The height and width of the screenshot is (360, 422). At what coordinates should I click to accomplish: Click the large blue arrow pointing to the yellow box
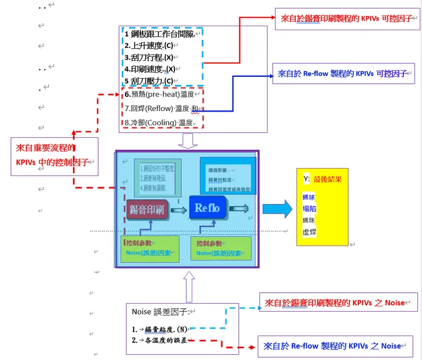pyautogui.click(x=277, y=209)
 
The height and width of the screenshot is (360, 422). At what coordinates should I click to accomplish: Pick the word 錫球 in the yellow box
pyautogui.click(x=309, y=197)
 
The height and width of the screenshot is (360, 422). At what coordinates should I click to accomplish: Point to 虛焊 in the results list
pyautogui.click(x=309, y=232)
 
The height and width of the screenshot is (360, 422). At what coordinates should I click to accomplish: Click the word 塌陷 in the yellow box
pyautogui.click(x=309, y=208)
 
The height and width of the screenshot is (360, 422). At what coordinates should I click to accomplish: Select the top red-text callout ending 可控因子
pyautogui.click(x=346, y=19)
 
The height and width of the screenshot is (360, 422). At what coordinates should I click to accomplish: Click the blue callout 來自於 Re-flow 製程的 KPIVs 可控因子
pyautogui.click(x=343, y=73)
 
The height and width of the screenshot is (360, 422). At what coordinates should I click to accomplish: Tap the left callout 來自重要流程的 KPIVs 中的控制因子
pyautogui.click(x=54, y=156)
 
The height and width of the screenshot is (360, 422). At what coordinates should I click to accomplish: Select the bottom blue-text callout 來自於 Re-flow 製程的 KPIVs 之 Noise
pyautogui.click(x=335, y=346)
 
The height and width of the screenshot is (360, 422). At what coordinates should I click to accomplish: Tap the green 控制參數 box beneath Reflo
pyautogui.click(x=220, y=248)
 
